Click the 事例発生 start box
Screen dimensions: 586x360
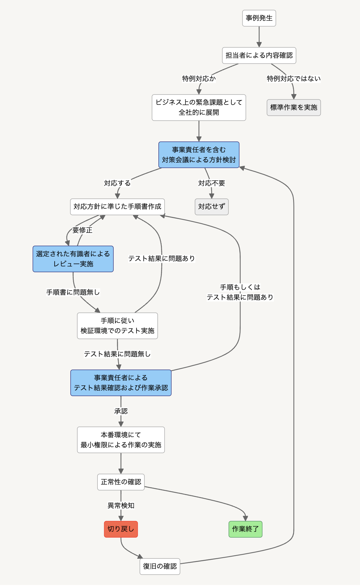[x=259, y=18]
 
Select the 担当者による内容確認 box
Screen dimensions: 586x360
[x=259, y=55]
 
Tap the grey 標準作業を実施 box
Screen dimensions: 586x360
[x=294, y=107]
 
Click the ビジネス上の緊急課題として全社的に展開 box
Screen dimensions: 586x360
[x=199, y=107]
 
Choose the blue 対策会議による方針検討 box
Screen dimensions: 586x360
[x=199, y=155]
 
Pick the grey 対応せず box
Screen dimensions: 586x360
[x=212, y=206]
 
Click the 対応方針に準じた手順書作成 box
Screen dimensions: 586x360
[x=117, y=206]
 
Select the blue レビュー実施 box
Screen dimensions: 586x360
[x=73, y=259]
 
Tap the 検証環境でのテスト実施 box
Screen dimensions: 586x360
[x=117, y=326]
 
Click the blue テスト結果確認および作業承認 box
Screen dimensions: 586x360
[x=121, y=383]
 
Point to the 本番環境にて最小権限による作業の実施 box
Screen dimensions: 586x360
[x=121, y=440]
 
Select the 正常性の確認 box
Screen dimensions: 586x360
[x=121, y=482]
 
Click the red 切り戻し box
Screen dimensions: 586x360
[x=121, y=529]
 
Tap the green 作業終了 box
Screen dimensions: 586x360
[x=245, y=529]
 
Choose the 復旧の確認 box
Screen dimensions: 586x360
[x=160, y=566]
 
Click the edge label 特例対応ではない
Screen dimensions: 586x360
[x=294, y=79]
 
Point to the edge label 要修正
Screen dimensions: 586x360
[x=82, y=230]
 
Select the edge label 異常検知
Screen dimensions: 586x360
[x=121, y=506]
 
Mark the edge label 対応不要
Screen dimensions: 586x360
[x=212, y=183]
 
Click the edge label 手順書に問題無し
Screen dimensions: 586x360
[x=73, y=292]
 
